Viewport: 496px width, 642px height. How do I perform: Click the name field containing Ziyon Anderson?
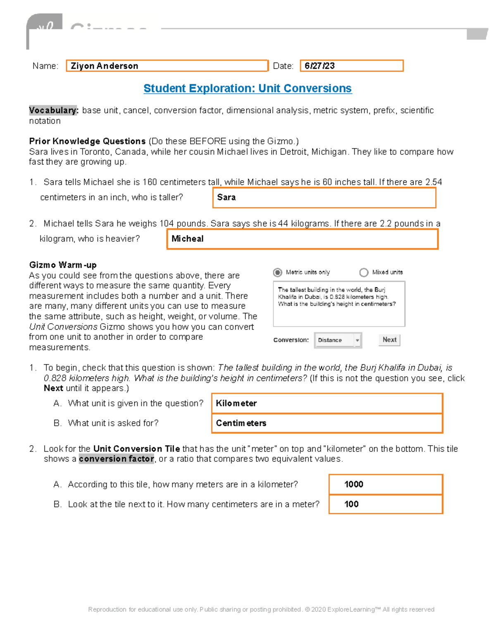pos(167,66)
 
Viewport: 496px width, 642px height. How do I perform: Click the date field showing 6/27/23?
pos(351,66)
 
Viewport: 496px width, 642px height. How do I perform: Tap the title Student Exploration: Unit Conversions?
pos(248,88)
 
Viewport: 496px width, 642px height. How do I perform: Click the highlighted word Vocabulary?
pos(53,110)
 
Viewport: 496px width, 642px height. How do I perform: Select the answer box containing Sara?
pos(324,198)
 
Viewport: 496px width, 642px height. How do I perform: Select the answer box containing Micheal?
pos(302,239)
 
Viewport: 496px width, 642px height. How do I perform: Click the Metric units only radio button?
pos(278,272)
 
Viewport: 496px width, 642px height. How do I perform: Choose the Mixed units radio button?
pos(364,272)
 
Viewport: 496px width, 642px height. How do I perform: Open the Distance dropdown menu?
pos(338,340)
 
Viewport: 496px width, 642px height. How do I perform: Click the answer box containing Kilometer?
pos(327,403)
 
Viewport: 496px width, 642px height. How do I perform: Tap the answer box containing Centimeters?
pos(327,423)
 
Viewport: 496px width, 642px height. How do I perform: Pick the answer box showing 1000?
pos(386,484)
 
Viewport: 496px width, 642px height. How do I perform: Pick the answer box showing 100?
pos(386,504)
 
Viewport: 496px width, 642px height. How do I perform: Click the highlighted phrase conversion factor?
pos(117,459)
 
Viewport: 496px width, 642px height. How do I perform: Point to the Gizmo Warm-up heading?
pos(63,265)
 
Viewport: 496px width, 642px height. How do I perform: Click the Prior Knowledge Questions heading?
pos(87,141)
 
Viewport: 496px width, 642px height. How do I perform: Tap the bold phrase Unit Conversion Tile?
pos(136,449)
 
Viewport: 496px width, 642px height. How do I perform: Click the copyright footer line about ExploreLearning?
pos(261,609)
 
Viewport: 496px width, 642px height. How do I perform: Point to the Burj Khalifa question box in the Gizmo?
pos(339,304)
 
